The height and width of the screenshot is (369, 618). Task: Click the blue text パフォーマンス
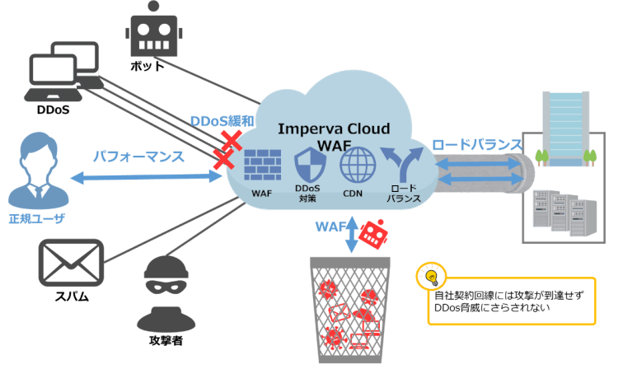[138, 156]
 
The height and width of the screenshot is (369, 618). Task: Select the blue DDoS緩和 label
[221, 121]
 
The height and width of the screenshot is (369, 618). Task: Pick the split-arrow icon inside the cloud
[404, 165]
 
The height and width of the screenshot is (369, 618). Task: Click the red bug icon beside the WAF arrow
[373, 234]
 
